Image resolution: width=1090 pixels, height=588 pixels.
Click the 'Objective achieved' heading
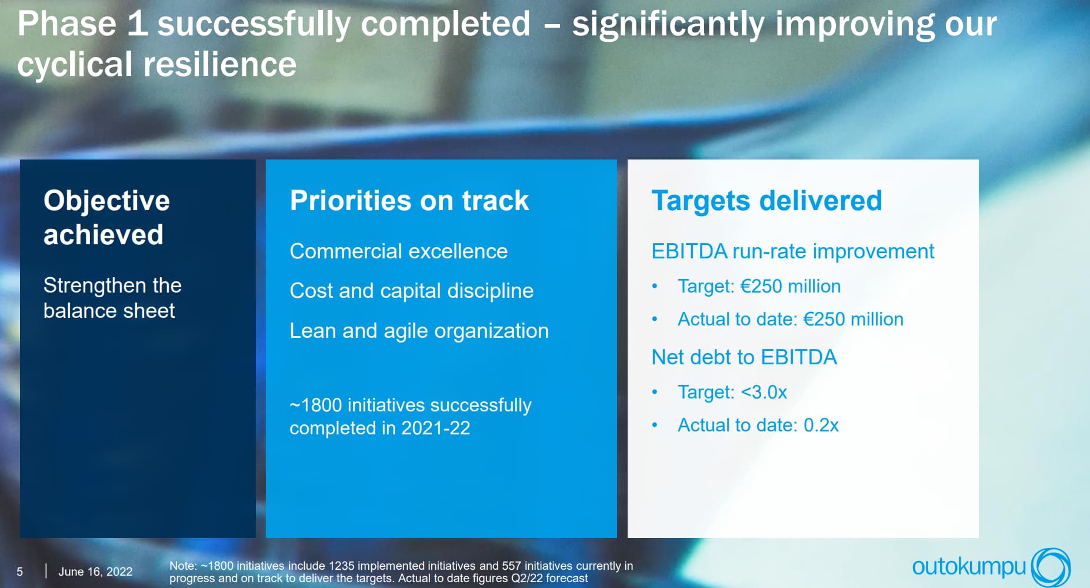[x=106, y=217]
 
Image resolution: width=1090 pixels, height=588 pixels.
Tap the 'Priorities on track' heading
[x=409, y=201]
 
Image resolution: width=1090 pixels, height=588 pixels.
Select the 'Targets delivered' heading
[x=767, y=201]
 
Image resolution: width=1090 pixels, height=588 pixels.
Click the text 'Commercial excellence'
[x=399, y=251]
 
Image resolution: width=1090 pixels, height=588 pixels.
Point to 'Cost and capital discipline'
[x=412, y=291]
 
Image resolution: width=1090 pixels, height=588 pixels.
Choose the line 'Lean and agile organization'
[x=419, y=331]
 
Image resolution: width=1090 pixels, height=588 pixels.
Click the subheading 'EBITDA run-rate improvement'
[x=793, y=251]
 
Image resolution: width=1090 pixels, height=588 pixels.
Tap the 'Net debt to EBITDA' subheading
[x=744, y=357]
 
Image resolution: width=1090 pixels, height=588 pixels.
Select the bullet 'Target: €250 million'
[x=759, y=286]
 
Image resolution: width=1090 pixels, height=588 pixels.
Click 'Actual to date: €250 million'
[x=791, y=319]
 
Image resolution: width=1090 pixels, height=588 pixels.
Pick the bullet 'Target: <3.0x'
[x=732, y=392]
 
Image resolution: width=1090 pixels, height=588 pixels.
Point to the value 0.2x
[x=821, y=425]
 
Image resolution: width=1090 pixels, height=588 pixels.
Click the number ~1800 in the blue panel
[x=316, y=405]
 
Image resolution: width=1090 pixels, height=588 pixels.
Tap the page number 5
[x=20, y=572]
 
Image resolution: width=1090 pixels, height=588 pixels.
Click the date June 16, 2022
[x=95, y=572]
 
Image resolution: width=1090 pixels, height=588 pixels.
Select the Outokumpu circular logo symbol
[x=1051, y=567]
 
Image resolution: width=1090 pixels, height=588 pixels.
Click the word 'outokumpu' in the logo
[x=969, y=567]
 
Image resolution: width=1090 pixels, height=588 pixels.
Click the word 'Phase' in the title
[x=67, y=24]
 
